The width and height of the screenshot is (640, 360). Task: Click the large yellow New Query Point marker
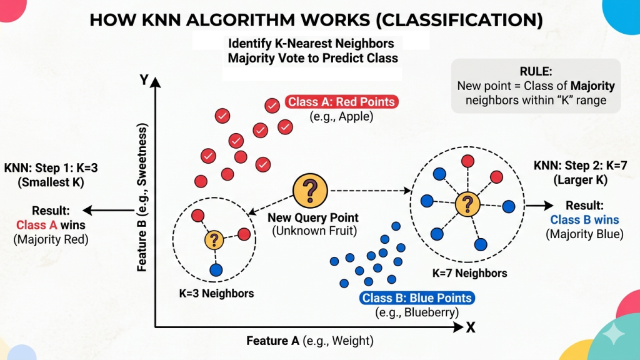(310, 191)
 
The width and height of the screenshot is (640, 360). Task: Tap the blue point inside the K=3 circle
(216, 270)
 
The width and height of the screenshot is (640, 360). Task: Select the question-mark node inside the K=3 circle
(214, 240)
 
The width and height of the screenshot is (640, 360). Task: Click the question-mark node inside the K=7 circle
(467, 204)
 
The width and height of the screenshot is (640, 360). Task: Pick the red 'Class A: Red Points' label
(342, 102)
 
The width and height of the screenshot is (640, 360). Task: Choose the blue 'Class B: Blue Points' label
(417, 298)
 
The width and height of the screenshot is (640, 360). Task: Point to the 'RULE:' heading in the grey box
(536, 71)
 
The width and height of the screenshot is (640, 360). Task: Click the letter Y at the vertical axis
(144, 79)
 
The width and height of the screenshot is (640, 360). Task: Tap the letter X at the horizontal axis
(471, 327)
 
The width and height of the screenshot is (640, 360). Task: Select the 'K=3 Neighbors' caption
(216, 294)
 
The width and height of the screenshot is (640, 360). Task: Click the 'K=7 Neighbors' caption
(470, 273)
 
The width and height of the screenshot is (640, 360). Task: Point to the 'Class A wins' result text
(51, 225)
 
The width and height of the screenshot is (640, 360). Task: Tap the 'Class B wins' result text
(584, 219)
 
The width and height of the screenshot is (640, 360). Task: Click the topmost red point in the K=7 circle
(467, 161)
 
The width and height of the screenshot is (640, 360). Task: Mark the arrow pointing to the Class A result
(109, 210)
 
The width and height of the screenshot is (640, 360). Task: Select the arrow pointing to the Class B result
(539, 205)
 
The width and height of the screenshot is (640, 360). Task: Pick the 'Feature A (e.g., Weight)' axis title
(310, 341)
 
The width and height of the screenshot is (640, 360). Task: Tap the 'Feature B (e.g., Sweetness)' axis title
(142, 197)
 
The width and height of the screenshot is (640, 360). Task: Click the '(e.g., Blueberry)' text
(417, 312)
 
